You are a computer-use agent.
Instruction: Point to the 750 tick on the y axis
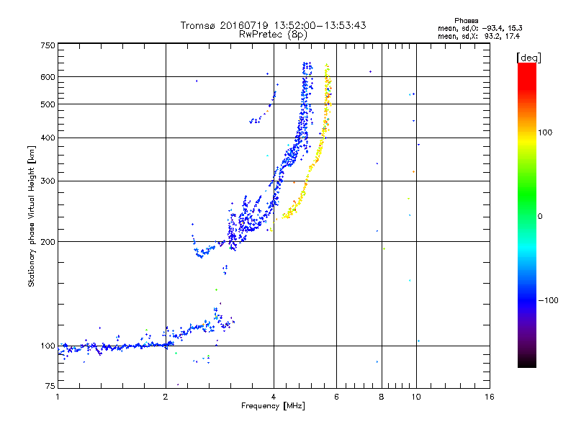coord(48,45)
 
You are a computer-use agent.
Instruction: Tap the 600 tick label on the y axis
coord(48,77)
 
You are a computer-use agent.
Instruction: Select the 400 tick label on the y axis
coord(48,138)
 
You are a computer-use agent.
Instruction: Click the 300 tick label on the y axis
coord(48,181)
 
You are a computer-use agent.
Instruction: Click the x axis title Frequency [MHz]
coord(273,406)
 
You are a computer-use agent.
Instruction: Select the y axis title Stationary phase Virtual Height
coord(32,216)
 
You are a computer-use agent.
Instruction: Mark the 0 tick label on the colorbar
coord(540,216)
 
